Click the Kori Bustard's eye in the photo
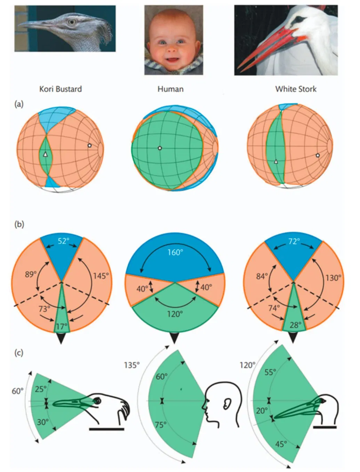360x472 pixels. click(x=72, y=22)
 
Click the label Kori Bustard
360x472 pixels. click(x=60, y=89)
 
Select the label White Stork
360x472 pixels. click(x=296, y=89)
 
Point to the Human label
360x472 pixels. click(x=171, y=89)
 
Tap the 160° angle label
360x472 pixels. click(x=175, y=252)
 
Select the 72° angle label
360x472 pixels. click(x=294, y=241)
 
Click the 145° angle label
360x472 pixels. click(x=101, y=276)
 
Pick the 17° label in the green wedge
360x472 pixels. click(x=62, y=326)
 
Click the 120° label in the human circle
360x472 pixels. click(x=175, y=314)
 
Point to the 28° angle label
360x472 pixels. click(x=295, y=325)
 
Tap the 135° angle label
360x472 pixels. click(x=132, y=365)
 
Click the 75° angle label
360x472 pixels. click(x=161, y=425)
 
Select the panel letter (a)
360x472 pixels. click(x=19, y=104)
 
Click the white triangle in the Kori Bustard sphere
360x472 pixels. click(x=45, y=154)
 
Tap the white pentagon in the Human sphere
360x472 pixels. click(x=159, y=148)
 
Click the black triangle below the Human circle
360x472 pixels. click(x=174, y=338)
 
